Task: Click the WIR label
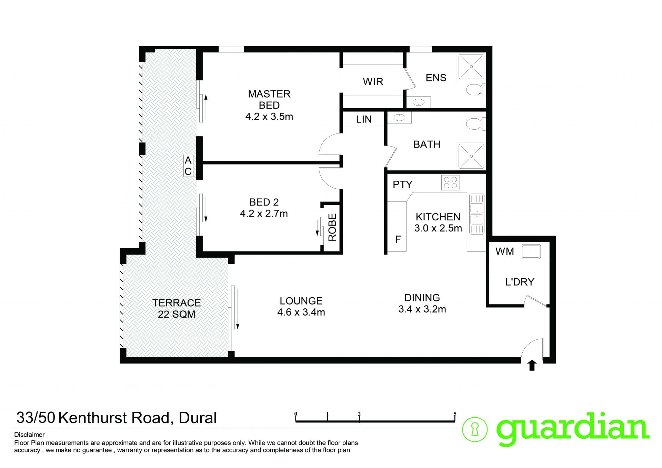pyautogui.click(x=373, y=82)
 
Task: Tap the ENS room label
pyautogui.click(x=436, y=78)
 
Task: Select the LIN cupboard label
pyautogui.click(x=364, y=119)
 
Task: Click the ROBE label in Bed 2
pyautogui.click(x=332, y=227)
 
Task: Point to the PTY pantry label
pyautogui.click(x=402, y=185)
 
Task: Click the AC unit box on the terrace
pyautogui.click(x=188, y=166)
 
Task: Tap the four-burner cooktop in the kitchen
pyautogui.click(x=450, y=183)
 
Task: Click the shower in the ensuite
pyautogui.click(x=471, y=67)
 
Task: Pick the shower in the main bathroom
pyautogui.click(x=471, y=156)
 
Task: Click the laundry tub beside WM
pyautogui.click(x=531, y=251)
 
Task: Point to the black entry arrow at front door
pyautogui.click(x=532, y=365)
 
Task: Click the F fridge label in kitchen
pyautogui.click(x=398, y=239)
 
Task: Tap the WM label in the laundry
pyautogui.click(x=504, y=251)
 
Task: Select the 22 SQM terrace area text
pyautogui.click(x=177, y=314)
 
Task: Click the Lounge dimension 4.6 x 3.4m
pyautogui.click(x=301, y=312)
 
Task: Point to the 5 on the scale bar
pyautogui.click(x=455, y=414)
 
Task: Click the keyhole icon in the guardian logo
pyautogui.click(x=475, y=430)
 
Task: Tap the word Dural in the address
pyautogui.click(x=198, y=418)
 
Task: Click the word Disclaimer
pyautogui.click(x=29, y=435)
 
